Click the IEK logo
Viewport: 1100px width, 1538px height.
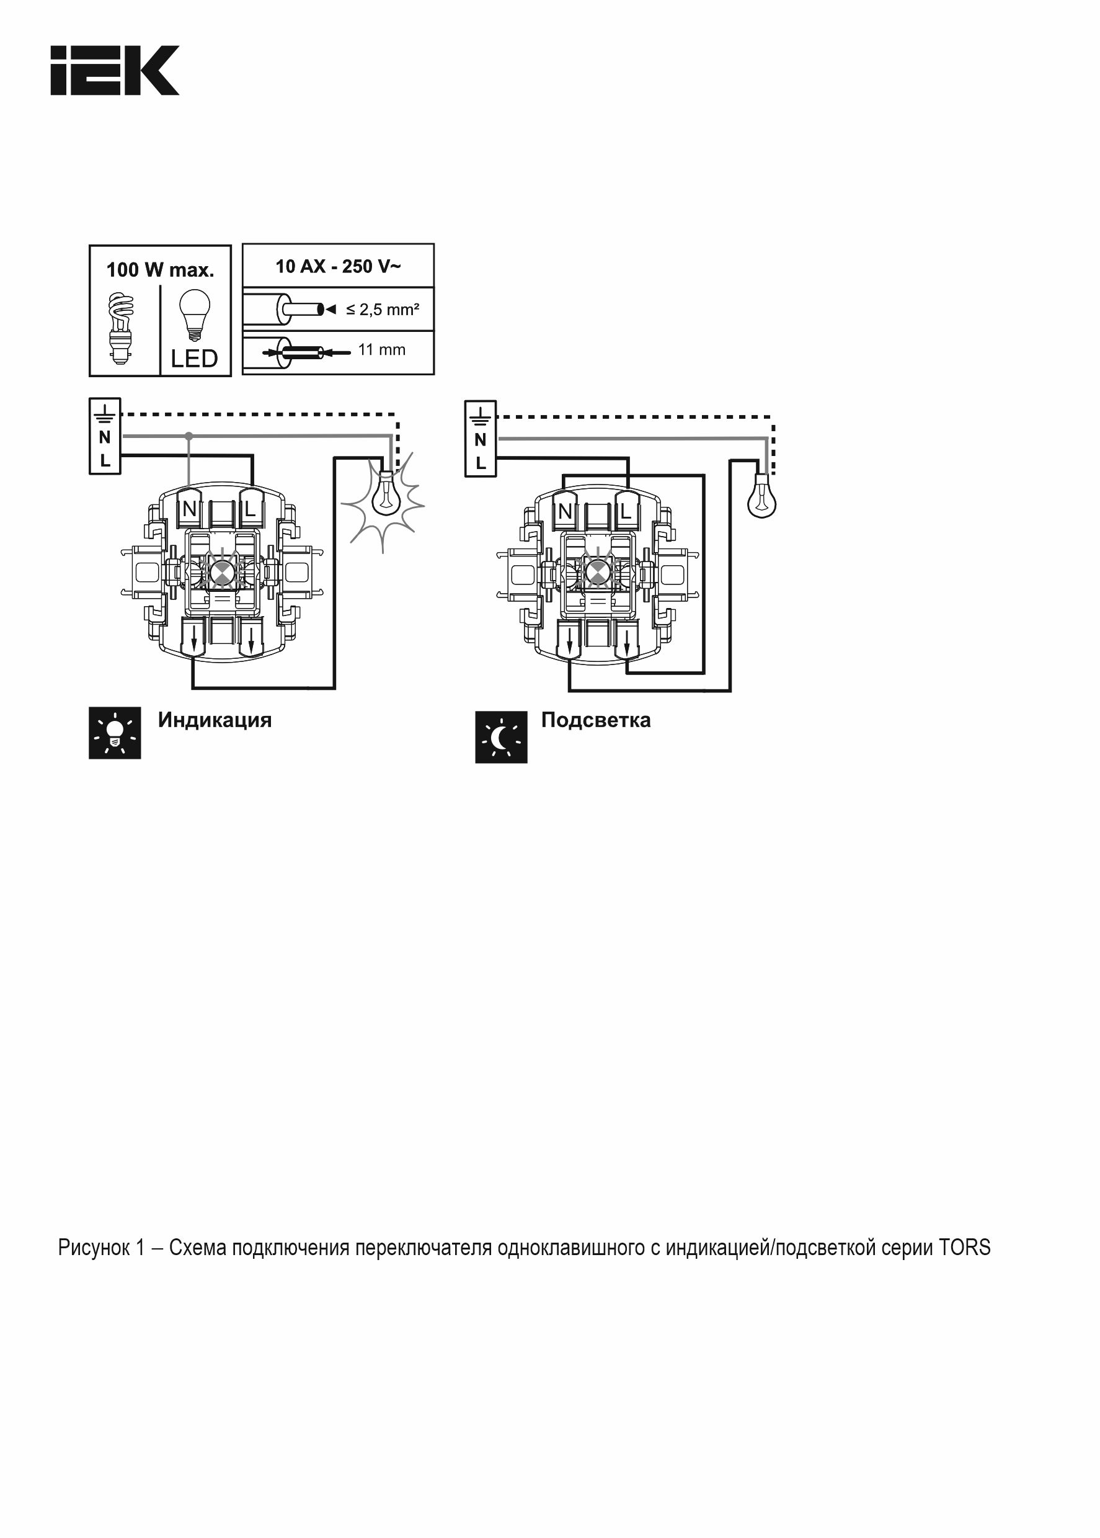(x=115, y=71)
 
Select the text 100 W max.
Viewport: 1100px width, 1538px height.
(x=160, y=270)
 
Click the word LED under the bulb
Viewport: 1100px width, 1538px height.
(x=195, y=359)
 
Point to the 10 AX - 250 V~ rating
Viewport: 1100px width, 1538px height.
(x=338, y=266)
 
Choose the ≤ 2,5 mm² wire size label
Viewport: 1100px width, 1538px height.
(x=383, y=310)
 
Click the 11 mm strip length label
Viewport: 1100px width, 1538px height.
(x=381, y=350)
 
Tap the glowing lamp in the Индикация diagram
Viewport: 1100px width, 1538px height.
(x=384, y=494)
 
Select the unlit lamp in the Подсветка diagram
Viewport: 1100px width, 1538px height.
(x=761, y=496)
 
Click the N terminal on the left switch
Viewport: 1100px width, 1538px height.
(x=190, y=509)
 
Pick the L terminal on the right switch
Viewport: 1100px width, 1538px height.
(x=626, y=512)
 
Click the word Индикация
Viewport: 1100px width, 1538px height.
(x=215, y=720)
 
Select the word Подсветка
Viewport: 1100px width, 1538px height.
(x=595, y=720)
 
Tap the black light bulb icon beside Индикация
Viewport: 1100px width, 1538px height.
(x=115, y=733)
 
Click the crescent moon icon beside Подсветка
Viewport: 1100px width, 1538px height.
(x=501, y=737)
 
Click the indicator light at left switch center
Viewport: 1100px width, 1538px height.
(x=221, y=573)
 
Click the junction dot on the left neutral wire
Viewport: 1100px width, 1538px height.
(x=189, y=436)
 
